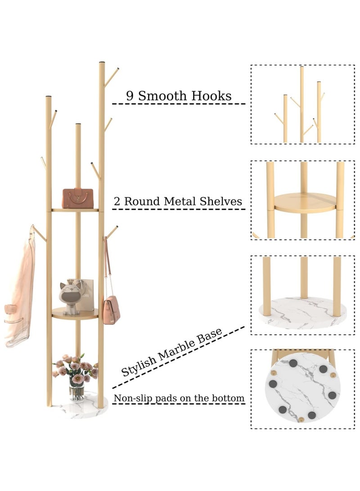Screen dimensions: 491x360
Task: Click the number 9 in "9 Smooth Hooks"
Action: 130,96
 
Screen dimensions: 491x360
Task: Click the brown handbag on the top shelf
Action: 78,198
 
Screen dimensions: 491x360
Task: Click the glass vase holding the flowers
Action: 77,392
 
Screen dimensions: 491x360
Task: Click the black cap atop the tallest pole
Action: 102,63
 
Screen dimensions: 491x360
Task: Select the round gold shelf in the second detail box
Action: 305,203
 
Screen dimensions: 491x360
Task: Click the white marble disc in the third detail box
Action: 302,313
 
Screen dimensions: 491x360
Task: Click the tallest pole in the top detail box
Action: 301,104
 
